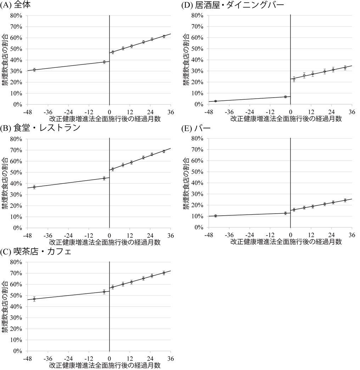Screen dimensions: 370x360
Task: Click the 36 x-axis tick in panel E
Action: tap(352, 234)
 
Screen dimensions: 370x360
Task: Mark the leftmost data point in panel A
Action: tap(34, 70)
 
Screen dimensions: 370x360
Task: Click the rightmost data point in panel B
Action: tap(164, 151)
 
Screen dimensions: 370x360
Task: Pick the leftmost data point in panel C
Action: tap(34, 299)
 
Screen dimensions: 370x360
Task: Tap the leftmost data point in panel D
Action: tap(215, 101)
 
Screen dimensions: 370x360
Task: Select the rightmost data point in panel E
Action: tap(345, 200)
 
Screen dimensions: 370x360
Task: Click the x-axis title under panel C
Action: tap(105, 365)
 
